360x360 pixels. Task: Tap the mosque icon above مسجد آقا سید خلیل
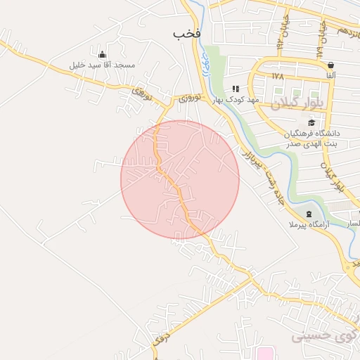(103, 55)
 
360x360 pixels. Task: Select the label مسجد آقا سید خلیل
(102, 65)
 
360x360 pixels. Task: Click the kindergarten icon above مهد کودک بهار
(236, 89)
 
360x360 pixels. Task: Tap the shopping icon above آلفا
(330, 65)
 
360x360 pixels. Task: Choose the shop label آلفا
(330, 75)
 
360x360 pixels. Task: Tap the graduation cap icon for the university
(311, 122)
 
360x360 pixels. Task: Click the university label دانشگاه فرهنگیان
(312, 133)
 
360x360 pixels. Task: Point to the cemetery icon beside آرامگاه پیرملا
(309, 214)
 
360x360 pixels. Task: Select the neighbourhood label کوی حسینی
(321, 335)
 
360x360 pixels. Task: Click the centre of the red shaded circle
(180, 179)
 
